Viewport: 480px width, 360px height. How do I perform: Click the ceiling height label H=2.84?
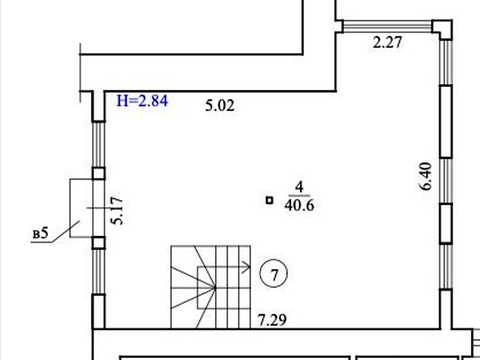click(142, 101)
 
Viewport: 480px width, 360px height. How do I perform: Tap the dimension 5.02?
click(220, 106)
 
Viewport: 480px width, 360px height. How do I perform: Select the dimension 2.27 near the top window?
click(387, 43)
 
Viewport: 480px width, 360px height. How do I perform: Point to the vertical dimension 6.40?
click(426, 176)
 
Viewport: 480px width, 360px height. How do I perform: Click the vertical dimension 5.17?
click(117, 211)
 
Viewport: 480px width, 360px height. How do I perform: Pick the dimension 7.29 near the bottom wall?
click(272, 320)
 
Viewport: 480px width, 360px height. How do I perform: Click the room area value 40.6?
click(299, 205)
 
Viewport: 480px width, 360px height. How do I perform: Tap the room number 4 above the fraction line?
click(300, 187)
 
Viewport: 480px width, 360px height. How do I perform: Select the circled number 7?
click(274, 275)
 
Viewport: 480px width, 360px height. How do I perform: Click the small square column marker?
click(269, 200)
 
